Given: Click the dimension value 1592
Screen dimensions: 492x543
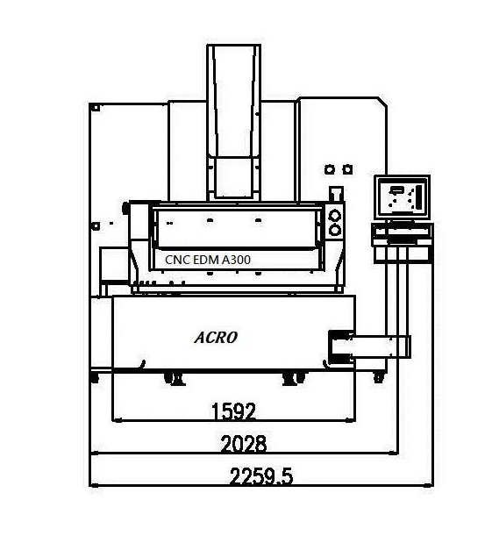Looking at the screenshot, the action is tap(233, 411).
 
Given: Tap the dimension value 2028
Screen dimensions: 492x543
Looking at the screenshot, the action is tap(244, 444).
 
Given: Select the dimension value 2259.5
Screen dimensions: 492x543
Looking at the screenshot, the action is tap(261, 476).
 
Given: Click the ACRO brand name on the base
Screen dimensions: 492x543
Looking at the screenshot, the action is tap(216, 338).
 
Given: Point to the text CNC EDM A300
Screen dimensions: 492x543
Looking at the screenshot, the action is tap(208, 260).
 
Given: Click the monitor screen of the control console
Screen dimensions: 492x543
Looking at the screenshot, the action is tap(403, 197).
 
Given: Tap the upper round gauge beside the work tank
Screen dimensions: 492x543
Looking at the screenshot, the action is tap(334, 216).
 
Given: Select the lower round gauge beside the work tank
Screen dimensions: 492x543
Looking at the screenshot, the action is tap(334, 230).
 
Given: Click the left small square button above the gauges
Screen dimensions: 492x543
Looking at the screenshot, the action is tap(330, 169).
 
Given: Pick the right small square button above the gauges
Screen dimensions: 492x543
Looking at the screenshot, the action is tap(347, 169).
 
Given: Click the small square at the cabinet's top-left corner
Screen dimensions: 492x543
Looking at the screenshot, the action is tap(96, 108).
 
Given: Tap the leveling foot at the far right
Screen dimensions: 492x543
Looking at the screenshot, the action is tap(379, 377).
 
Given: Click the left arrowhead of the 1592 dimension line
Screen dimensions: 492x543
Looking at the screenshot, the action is tap(116, 420).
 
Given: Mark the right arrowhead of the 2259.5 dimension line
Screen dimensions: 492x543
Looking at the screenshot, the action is tap(430, 485).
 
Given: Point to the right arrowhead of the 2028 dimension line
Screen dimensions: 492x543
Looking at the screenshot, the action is tap(394, 453).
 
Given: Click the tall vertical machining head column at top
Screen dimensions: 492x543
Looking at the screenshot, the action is tap(233, 122).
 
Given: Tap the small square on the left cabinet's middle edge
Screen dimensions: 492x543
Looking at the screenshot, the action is tap(95, 226).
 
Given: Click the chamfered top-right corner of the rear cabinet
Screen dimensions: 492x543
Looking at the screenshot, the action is tap(381, 102).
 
